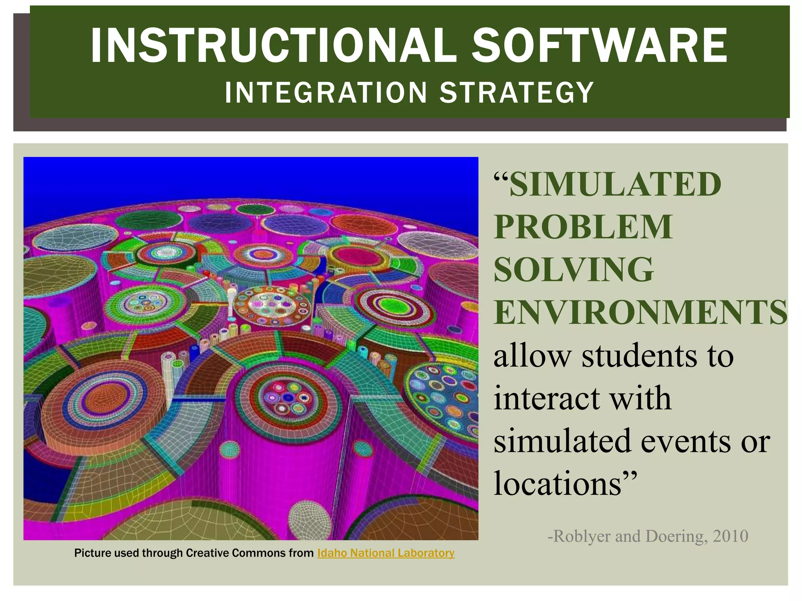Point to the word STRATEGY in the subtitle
(x=517, y=93)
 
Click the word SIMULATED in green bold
(x=615, y=184)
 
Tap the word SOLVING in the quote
(x=574, y=270)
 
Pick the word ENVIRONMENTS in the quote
(x=640, y=312)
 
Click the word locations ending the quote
(x=558, y=484)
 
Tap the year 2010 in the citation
(x=731, y=536)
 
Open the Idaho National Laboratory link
(x=386, y=553)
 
